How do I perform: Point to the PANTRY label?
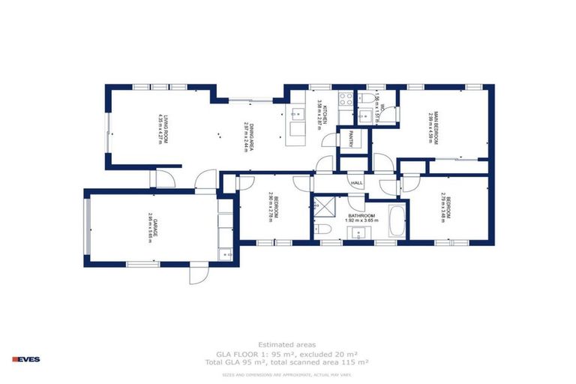point(350,139)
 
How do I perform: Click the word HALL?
point(357,184)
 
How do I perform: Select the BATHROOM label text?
point(361,215)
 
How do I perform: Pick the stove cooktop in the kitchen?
point(346,98)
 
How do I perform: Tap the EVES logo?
point(26,359)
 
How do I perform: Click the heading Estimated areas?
point(281,344)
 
